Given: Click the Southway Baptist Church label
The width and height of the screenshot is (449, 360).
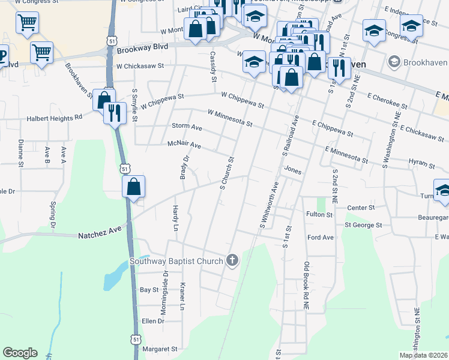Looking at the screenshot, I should click(176, 261).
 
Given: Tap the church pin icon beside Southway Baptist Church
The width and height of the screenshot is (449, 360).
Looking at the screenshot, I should click(232, 260).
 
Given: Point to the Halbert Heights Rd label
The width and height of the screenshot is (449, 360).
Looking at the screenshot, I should click(54, 119).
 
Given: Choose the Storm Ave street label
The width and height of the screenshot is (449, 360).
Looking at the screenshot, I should click(187, 127).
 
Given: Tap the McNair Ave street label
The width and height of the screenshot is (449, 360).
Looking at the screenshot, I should click(184, 145).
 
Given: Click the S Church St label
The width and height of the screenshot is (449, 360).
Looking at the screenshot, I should click(226, 173).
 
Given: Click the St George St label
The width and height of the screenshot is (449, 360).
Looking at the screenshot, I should click(363, 225).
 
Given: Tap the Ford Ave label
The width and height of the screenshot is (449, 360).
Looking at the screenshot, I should click(320, 238).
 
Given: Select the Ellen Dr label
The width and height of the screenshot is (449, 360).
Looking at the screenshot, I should click(152, 321).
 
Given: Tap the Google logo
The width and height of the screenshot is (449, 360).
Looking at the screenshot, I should click(20, 353).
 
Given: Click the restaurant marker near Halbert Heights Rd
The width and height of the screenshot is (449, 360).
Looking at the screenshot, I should click(113, 112).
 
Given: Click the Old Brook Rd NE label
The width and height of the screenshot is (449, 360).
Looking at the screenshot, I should click(306, 286).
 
